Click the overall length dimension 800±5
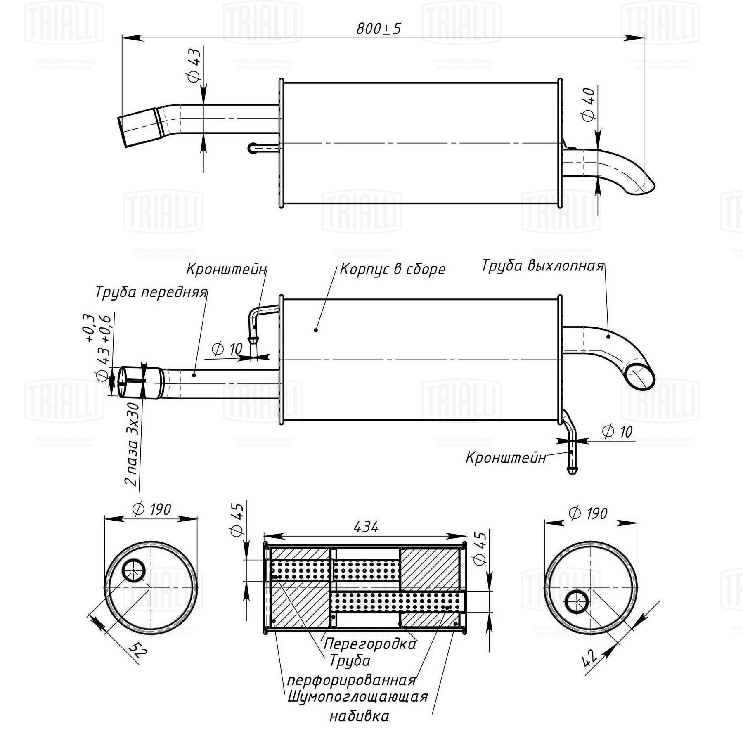tap(379, 28)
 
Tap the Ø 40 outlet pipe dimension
tap(589, 104)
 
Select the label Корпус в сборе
tap(393, 269)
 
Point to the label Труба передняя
tap(151, 292)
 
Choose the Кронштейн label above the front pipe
tap(226, 269)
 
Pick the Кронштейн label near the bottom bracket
tap(506, 457)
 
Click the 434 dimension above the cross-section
tap(366, 527)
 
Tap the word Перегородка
tap(370, 644)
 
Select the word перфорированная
tap(351, 680)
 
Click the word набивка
tap(359, 716)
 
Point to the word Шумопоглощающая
tap(357, 697)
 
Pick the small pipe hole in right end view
tap(577, 602)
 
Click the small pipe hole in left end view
tap(134, 571)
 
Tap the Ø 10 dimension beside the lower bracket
tap(617, 432)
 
